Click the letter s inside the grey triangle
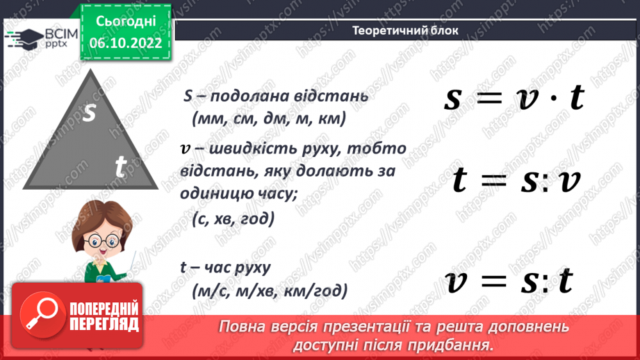89,113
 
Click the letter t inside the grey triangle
120,167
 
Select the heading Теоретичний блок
405,31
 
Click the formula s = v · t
514,99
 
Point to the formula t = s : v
516,181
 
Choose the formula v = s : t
510,281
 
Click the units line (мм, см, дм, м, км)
268,120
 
